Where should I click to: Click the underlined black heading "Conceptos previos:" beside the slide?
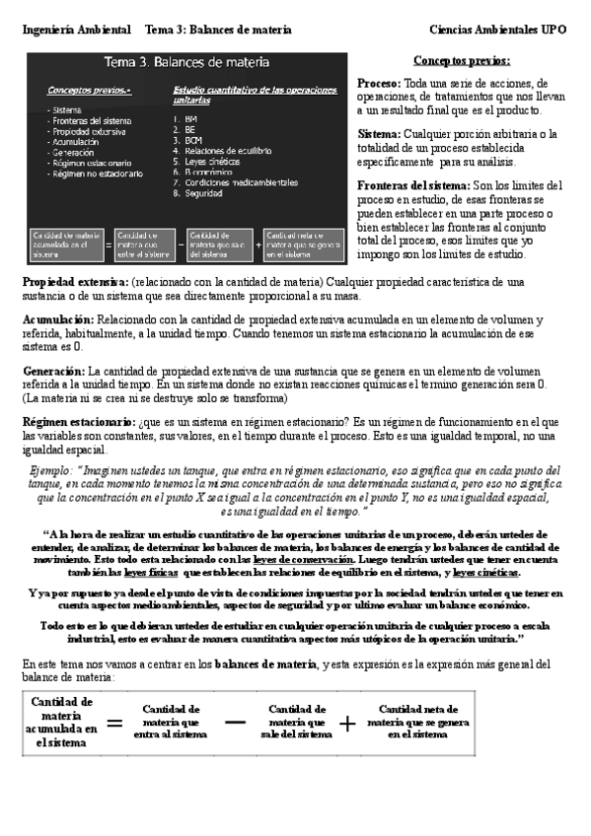click(462, 60)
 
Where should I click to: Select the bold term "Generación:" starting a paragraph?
click(54, 370)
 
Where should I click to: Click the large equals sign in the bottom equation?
click(114, 723)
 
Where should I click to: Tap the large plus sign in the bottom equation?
click(348, 723)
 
